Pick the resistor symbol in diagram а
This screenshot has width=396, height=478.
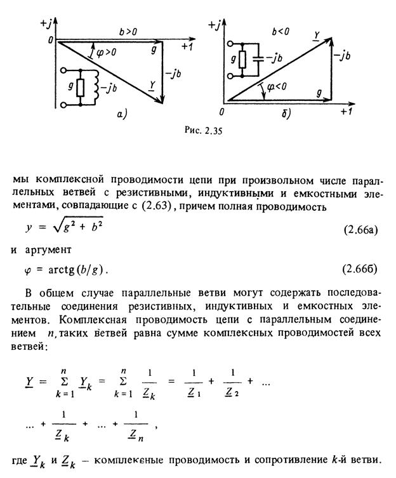(81, 88)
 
